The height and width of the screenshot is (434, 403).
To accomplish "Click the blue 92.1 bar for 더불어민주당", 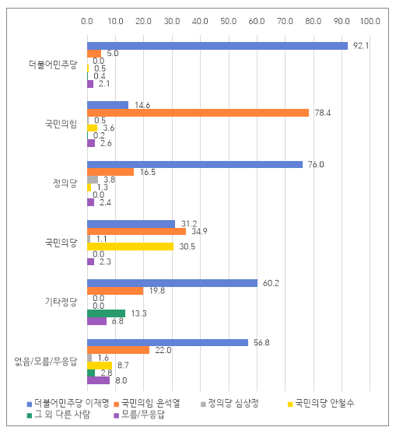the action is [x=217, y=46].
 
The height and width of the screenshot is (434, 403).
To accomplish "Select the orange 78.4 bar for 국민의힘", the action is [x=198, y=113].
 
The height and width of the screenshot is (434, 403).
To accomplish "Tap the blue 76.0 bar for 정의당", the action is [x=194, y=165].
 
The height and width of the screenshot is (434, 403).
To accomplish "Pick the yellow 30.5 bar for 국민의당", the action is [x=131, y=247].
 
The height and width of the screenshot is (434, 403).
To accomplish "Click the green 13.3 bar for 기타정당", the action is [x=106, y=313].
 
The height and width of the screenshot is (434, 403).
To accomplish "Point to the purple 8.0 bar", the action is [x=98, y=380].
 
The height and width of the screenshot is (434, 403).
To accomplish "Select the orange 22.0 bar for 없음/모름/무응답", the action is [x=118, y=350].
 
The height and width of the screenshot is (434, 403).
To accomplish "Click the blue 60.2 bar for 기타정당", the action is [x=172, y=283].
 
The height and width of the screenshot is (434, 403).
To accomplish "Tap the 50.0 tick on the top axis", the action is [x=229, y=21].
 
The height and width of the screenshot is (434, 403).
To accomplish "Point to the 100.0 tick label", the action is [x=370, y=21].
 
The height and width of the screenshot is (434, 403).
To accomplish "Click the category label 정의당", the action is [x=65, y=184].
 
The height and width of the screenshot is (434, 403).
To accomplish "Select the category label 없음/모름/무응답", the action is [x=46, y=362].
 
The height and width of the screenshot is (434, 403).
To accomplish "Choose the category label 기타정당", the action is [x=61, y=302].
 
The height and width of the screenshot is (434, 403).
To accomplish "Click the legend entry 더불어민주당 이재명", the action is [x=68, y=403].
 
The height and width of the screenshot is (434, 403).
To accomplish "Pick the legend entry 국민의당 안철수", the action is [x=321, y=403].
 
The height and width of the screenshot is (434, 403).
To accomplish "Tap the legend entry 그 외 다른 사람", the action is [x=58, y=415].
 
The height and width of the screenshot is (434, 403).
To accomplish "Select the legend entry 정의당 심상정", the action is [x=230, y=403].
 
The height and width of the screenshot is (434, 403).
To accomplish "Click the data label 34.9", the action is [x=199, y=232].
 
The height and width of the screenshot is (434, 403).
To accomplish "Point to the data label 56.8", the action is [x=261, y=343].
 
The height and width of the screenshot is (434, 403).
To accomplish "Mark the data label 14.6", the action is [x=142, y=106].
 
